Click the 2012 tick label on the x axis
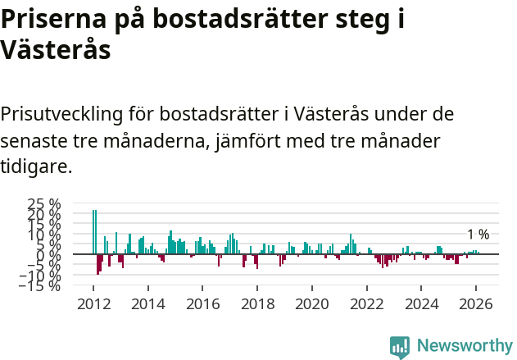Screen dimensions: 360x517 click(x=93, y=303)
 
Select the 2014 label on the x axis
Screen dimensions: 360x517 click(x=148, y=303)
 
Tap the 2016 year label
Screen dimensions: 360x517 click(x=202, y=303)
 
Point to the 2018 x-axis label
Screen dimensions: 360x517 click(x=257, y=303)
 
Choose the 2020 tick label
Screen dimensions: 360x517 click(x=312, y=303)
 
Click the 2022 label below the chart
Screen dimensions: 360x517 click(x=367, y=303)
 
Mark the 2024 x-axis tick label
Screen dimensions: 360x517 click(x=422, y=303)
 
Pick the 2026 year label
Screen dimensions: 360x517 click(x=477, y=303)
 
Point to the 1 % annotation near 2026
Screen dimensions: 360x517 click(x=478, y=235)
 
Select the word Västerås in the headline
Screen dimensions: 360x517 click(x=55, y=50)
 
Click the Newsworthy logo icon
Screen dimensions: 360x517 click(x=400, y=346)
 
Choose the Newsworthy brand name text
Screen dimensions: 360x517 click(x=464, y=346)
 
